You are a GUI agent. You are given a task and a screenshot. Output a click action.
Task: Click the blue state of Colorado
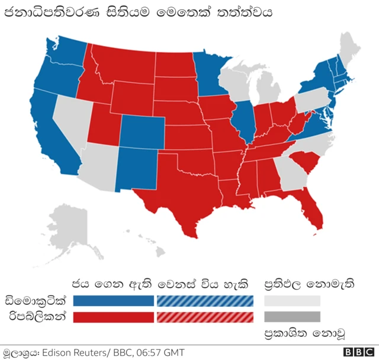coord(142,131)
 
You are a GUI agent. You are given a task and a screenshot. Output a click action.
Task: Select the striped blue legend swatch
coord(205,301)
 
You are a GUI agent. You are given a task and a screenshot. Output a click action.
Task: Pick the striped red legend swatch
coord(205,317)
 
